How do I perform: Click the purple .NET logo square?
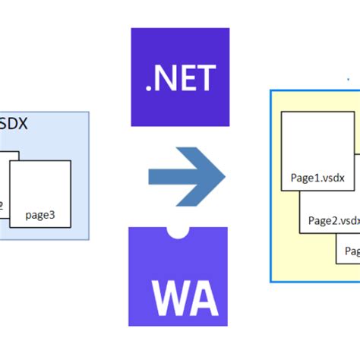tap(180, 76)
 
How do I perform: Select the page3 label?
tap(39, 215)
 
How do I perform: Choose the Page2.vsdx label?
tap(333, 221)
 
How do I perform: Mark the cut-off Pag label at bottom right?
tap(352, 251)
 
